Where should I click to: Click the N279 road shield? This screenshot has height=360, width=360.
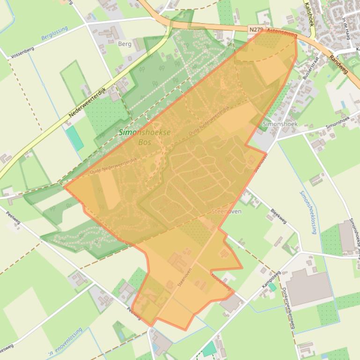pyautogui.click(x=256, y=29)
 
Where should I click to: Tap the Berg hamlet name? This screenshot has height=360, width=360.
pyautogui.click(x=125, y=44)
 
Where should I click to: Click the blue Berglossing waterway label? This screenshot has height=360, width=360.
pyautogui.click(x=54, y=33)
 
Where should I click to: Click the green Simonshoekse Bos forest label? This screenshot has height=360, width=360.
pyautogui.click(x=144, y=137)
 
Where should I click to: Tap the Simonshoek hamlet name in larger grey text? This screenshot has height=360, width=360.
pyautogui.click(x=280, y=124)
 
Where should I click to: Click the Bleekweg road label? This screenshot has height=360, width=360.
pyautogui.click(x=279, y=216)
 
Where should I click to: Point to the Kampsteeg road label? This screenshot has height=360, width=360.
pyautogui.click(x=271, y=279)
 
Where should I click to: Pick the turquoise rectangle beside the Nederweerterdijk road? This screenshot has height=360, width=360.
pyautogui.click(x=74, y=138)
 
